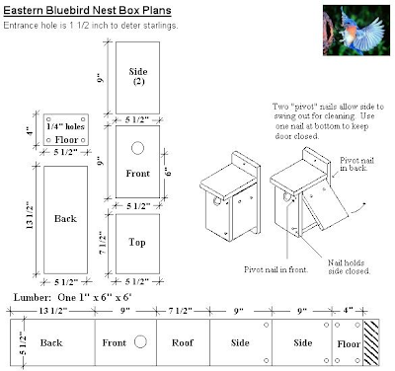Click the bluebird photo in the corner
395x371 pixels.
[x=356, y=31]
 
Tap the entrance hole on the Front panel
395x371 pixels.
[x=137, y=148]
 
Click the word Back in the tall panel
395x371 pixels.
[x=65, y=219]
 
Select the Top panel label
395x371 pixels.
[x=137, y=243]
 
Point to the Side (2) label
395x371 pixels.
[x=138, y=76]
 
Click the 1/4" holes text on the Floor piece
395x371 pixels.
[x=65, y=126]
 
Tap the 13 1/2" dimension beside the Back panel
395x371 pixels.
[x=30, y=215]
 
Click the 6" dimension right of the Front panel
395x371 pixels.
[x=168, y=172]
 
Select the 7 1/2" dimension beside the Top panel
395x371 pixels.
[x=103, y=243]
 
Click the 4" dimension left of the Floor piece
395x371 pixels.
[x=31, y=131]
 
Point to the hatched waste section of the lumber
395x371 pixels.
[x=371, y=342]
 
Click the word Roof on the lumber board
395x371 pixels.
[x=183, y=342]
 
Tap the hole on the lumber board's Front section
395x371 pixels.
[x=140, y=341]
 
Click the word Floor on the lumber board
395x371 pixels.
[x=349, y=344]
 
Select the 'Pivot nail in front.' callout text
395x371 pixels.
[x=276, y=269]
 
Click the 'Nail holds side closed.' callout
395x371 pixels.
[x=349, y=266]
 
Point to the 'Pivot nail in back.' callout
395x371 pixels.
[x=357, y=164]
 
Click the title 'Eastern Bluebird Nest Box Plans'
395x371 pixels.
[x=87, y=11]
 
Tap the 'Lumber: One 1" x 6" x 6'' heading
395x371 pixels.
[x=72, y=297]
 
